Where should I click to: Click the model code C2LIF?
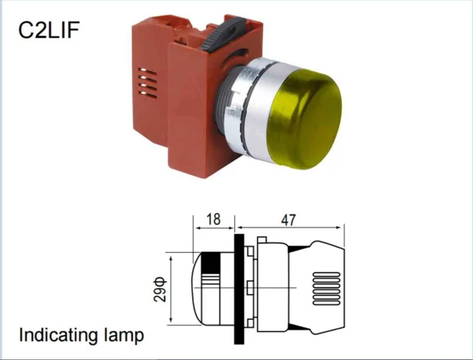(x=49, y=30)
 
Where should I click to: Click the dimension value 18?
(x=214, y=219)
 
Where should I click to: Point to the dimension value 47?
(x=288, y=220)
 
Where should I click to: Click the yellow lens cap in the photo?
(x=304, y=119)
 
